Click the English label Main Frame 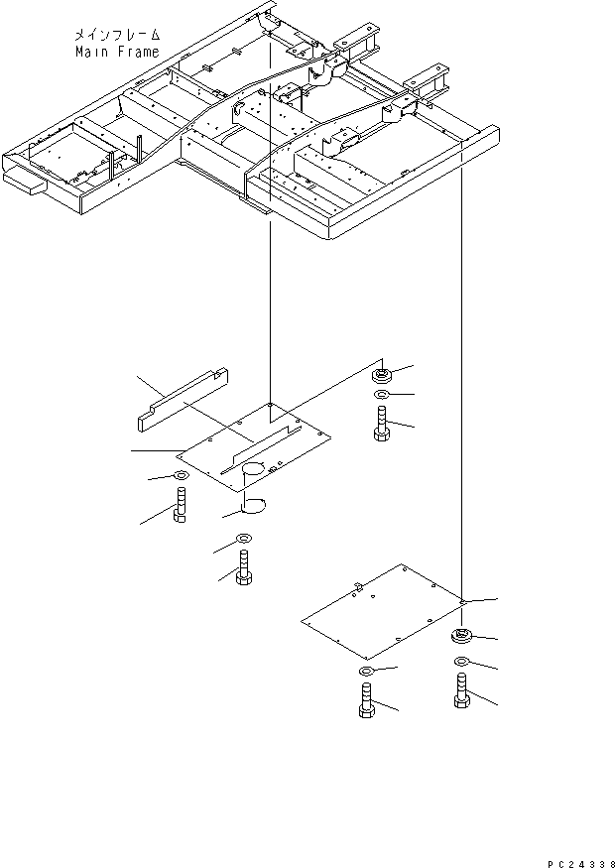tap(116, 52)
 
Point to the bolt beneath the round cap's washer tap(242, 572)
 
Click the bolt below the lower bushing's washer tap(462, 690)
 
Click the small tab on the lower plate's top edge tap(356, 586)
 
